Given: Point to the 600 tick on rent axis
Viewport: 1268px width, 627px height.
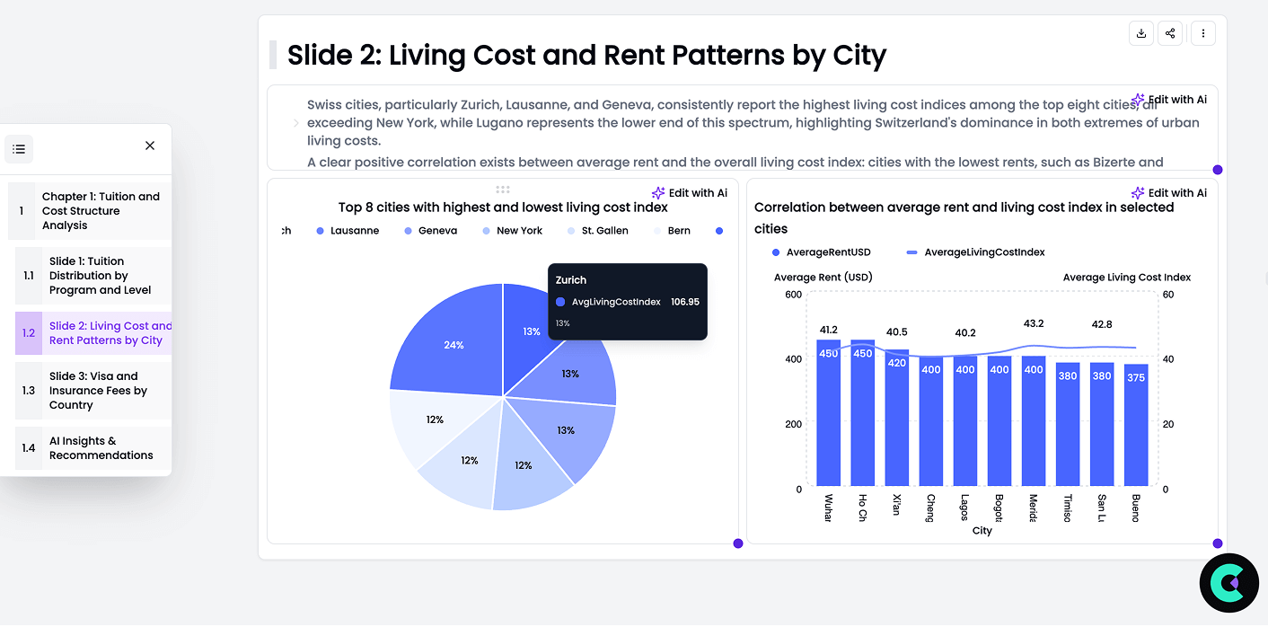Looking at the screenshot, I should click(x=792, y=295).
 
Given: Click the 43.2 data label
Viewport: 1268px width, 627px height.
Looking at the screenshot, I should click(x=1034, y=323).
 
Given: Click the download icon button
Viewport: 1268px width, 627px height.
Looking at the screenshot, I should click(x=1141, y=34).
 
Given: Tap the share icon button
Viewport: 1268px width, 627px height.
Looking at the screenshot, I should click(x=1170, y=34).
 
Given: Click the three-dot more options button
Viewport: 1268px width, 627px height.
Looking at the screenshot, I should click(x=1202, y=34).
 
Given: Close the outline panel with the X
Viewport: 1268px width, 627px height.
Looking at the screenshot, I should click(x=150, y=146).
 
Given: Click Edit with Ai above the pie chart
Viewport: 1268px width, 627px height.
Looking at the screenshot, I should click(x=690, y=193).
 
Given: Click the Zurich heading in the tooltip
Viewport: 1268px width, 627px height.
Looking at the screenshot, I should click(x=571, y=280).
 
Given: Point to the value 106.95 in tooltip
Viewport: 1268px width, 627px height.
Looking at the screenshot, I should click(x=685, y=302).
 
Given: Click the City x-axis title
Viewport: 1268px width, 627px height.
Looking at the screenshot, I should click(x=982, y=531).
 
